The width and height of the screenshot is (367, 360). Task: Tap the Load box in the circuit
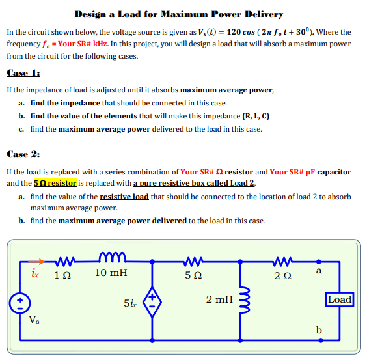(x=340, y=299)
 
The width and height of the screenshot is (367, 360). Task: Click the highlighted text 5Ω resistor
(x=55, y=183)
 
